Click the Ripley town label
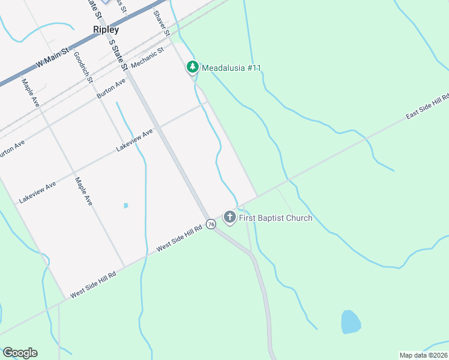coord(106,29)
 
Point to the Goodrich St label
coord(83,67)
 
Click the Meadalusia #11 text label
coord(231,68)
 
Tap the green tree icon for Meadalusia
coord(193,67)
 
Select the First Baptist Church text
coord(276,218)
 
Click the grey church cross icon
coord(229,217)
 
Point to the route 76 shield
coord(211,224)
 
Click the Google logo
coord(20,353)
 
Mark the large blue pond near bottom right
coord(351,322)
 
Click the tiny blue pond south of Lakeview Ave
coord(125,206)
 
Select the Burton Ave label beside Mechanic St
coord(112,88)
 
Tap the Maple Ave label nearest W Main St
coord(30,93)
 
